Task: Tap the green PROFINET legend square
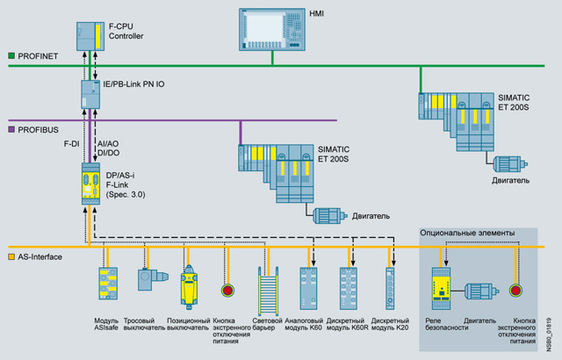pyautogui.click(x=11, y=56)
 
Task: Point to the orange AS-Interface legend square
pyautogui.click(x=11, y=257)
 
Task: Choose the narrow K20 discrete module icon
pyautogui.click(x=390, y=286)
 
